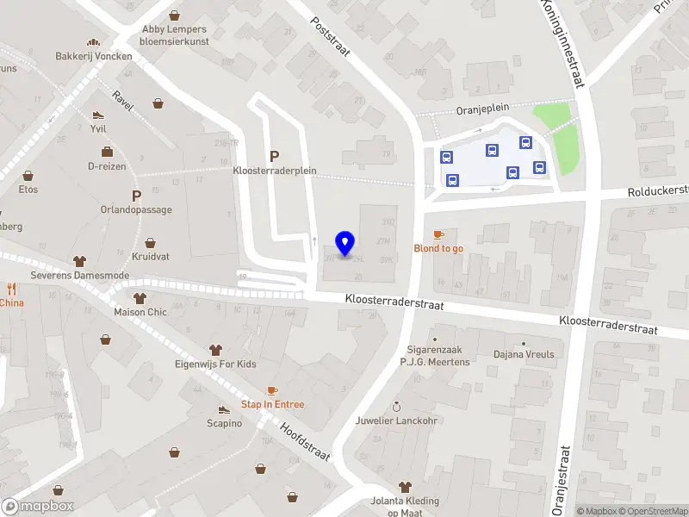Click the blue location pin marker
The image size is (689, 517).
point(345,243)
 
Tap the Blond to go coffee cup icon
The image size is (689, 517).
point(438,234)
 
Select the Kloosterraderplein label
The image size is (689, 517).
point(275,171)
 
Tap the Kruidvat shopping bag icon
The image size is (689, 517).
point(151,243)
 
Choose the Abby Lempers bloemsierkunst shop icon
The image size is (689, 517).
point(175,16)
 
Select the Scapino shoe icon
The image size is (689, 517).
point(224,409)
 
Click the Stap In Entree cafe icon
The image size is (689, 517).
point(272,390)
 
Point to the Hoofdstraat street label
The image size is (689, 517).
point(307,441)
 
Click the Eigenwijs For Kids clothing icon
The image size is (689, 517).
point(216,350)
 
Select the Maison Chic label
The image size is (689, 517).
point(140,312)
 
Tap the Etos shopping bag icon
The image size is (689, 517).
point(28,175)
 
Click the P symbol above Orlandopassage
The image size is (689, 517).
point(136,196)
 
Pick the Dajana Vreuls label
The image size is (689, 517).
point(524,354)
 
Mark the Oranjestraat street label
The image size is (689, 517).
point(566,478)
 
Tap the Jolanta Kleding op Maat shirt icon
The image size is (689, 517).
point(405,488)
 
